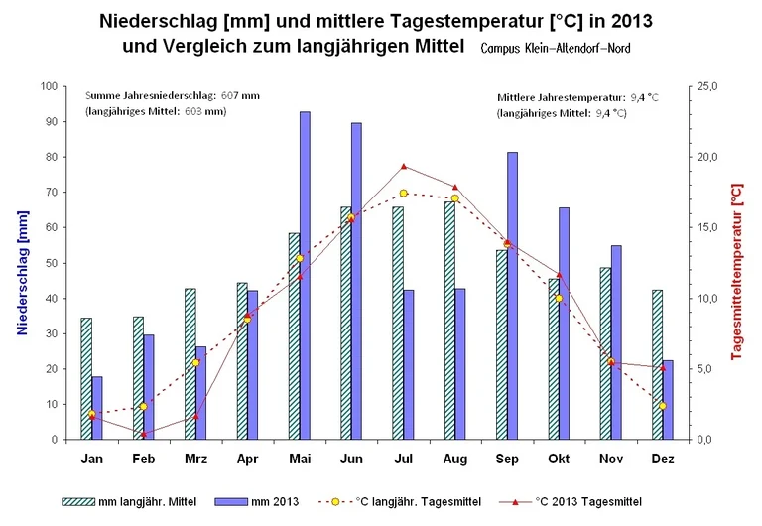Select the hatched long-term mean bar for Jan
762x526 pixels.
(86, 378)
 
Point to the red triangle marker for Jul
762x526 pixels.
(404, 166)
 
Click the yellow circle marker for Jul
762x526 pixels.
(404, 194)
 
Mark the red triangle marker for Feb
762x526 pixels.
(144, 434)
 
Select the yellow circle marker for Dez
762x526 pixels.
(663, 406)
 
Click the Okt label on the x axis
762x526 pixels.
(559, 459)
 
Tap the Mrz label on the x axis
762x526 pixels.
(195, 459)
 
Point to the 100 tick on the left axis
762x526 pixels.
(49, 86)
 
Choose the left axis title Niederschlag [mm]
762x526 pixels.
(21, 263)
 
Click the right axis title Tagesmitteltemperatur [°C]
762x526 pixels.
(736, 263)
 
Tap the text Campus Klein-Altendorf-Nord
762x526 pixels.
(555, 48)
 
